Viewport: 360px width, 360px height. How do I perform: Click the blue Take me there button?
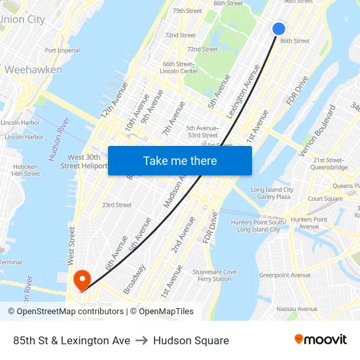click(x=180, y=161)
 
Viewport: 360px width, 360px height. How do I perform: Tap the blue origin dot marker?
click(x=279, y=29)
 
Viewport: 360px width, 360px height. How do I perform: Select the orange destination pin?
click(x=82, y=280)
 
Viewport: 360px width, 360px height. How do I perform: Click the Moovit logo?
click(x=320, y=340)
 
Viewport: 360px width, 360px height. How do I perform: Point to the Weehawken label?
click(x=33, y=69)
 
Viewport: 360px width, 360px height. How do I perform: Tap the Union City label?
click(x=22, y=20)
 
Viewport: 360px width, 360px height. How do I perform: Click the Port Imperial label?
click(x=62, y=50)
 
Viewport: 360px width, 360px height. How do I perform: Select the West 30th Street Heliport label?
click(x=80, y=162)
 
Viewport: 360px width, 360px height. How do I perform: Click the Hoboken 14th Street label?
click(x=25, y=170)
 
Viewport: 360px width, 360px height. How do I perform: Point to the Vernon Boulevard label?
click(x=317, y=130)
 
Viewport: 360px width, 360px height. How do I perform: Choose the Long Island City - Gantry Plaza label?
click(x=271, y=193)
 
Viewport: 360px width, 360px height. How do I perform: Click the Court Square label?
click(x=325, y=198)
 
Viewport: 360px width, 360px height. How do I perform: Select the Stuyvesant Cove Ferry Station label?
click(x=214, y=275)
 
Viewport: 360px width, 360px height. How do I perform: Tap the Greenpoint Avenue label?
click(x=285, y=276)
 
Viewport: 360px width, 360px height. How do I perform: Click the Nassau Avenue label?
click(x=297, y=309)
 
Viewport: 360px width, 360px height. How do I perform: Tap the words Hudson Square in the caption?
click(x=191, y=340)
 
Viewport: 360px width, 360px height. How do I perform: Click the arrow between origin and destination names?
click(x=141, y=340)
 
